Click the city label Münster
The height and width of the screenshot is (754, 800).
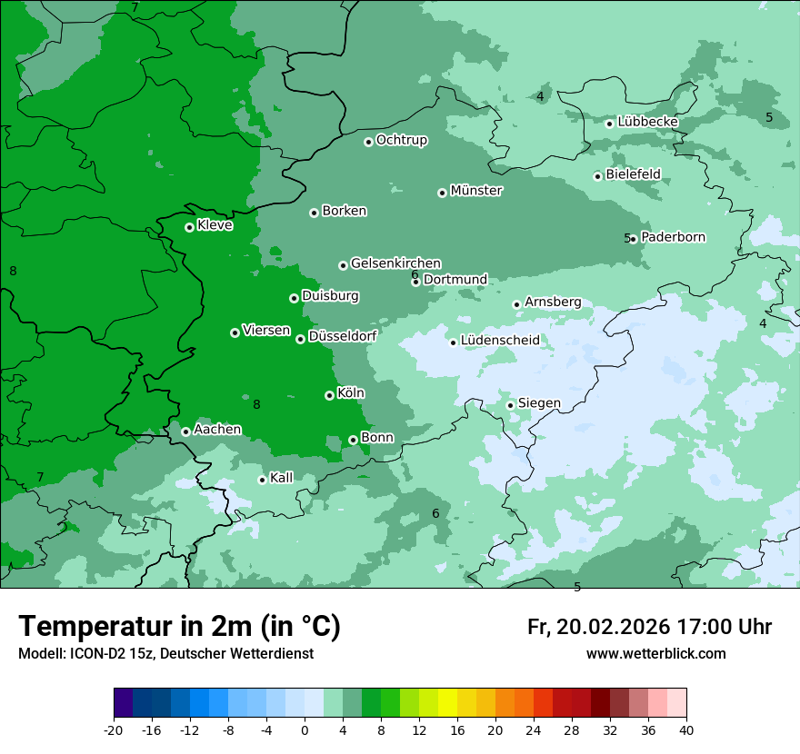click(476, 191)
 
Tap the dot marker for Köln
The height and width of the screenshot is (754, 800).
click(329, 395)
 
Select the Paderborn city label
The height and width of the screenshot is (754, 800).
click(673, 237)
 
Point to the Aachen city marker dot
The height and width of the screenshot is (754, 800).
click(185, 432)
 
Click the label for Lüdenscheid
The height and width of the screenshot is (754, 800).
click(500, 341)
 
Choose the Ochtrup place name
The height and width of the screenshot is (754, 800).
click(401, 140)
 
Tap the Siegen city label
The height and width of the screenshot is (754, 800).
click(539, 403)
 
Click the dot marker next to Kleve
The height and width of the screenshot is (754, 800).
click(189, 227)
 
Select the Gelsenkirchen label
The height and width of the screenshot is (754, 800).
click(395, 263)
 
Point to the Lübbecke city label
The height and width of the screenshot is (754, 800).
click(647, 122)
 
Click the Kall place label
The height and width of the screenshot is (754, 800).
click(282, 478)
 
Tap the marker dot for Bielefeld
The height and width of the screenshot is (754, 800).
click(597, 176)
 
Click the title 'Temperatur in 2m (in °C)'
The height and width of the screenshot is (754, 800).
click(180, 626)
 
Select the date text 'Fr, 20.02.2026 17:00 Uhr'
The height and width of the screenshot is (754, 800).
click(649, 627)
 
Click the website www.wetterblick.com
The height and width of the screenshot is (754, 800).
click(655, 654)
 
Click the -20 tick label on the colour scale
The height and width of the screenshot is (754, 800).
click(114, 730)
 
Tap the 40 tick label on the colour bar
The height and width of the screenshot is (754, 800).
click(686, 730)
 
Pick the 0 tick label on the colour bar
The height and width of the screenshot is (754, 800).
click(305, 730)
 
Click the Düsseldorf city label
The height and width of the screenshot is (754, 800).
click(342, 336)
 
